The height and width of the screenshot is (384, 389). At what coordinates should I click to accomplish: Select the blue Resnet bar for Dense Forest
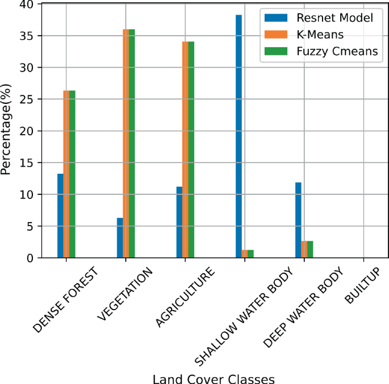click(60, 216)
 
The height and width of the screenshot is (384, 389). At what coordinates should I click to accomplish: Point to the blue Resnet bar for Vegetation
click(120, 238)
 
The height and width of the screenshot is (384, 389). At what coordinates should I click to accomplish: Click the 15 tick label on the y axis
click(29, 163)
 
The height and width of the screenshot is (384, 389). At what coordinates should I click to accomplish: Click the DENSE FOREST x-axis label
click(65, 300)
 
